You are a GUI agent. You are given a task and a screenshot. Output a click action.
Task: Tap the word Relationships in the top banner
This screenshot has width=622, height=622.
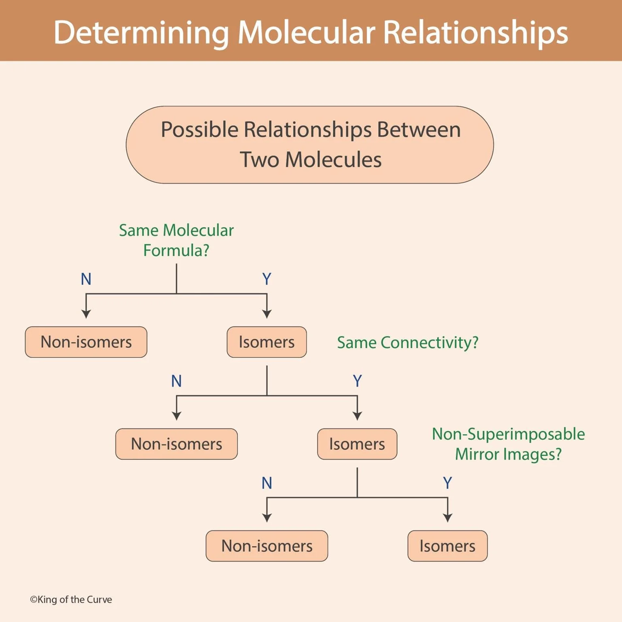(x=475, y=32)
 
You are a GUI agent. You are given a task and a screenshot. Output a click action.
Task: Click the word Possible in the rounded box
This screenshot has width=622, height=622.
(x=199, y=130)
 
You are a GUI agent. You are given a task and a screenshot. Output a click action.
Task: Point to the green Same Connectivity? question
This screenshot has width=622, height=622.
(x=408, y=343)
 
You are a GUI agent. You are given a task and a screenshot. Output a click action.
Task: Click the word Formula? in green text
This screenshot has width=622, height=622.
(x=176, y=250)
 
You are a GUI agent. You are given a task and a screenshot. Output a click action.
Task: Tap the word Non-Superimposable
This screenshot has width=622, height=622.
(x=508, y=434)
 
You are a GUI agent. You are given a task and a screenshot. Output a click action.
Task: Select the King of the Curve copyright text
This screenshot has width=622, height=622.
(x=71, y=599)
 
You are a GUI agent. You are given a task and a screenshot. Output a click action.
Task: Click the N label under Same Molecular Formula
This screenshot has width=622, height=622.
(x=86, y=279)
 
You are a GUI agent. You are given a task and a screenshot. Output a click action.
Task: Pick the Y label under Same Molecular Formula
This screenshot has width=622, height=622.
(x=266, y=279)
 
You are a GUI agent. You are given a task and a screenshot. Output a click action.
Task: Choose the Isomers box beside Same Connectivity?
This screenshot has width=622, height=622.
(x=266, y=342)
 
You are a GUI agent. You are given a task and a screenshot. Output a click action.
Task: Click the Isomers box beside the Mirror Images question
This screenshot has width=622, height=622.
(x=357, y=444)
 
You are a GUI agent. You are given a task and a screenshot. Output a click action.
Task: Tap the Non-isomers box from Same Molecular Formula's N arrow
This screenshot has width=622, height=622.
(x=86, y=342)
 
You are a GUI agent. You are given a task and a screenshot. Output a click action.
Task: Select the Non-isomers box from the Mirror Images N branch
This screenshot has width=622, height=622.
(x=266, y=546)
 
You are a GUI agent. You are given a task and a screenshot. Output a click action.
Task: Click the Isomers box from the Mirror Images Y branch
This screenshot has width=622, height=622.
(x=447, y=546)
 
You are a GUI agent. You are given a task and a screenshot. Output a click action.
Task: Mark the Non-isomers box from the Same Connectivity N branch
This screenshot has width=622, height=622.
(x=176, y=444)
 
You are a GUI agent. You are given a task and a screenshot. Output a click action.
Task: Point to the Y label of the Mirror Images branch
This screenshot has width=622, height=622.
(x=447, y=483)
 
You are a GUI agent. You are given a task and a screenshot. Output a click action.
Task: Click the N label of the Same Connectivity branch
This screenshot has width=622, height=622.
(x=176, y=381)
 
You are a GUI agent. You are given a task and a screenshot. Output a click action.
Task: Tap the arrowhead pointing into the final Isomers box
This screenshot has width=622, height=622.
(x=447, y=518)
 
